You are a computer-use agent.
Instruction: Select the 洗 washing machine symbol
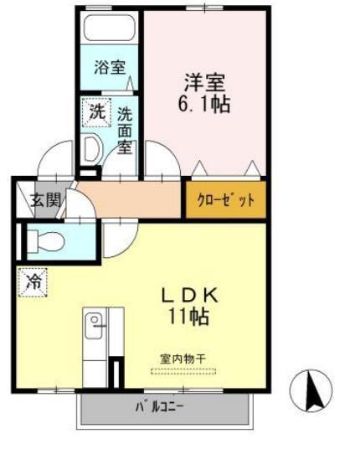pyautogui.click(x=97, y=109)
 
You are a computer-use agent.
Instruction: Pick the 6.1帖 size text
pyautogui.click(x=206, y=106)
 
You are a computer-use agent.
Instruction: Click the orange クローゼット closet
pyautogui.click(x=225, y=200)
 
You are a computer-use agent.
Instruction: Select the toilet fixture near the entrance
pyautogui.click(x=50, y=241)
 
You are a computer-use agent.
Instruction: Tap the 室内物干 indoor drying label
pyautogui.click(x=183, y=359)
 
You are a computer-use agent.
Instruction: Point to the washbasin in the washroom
pyautogui.click(x=91, y=149)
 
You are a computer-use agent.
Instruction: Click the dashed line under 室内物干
pyautogui.click(x=183, y=369)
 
